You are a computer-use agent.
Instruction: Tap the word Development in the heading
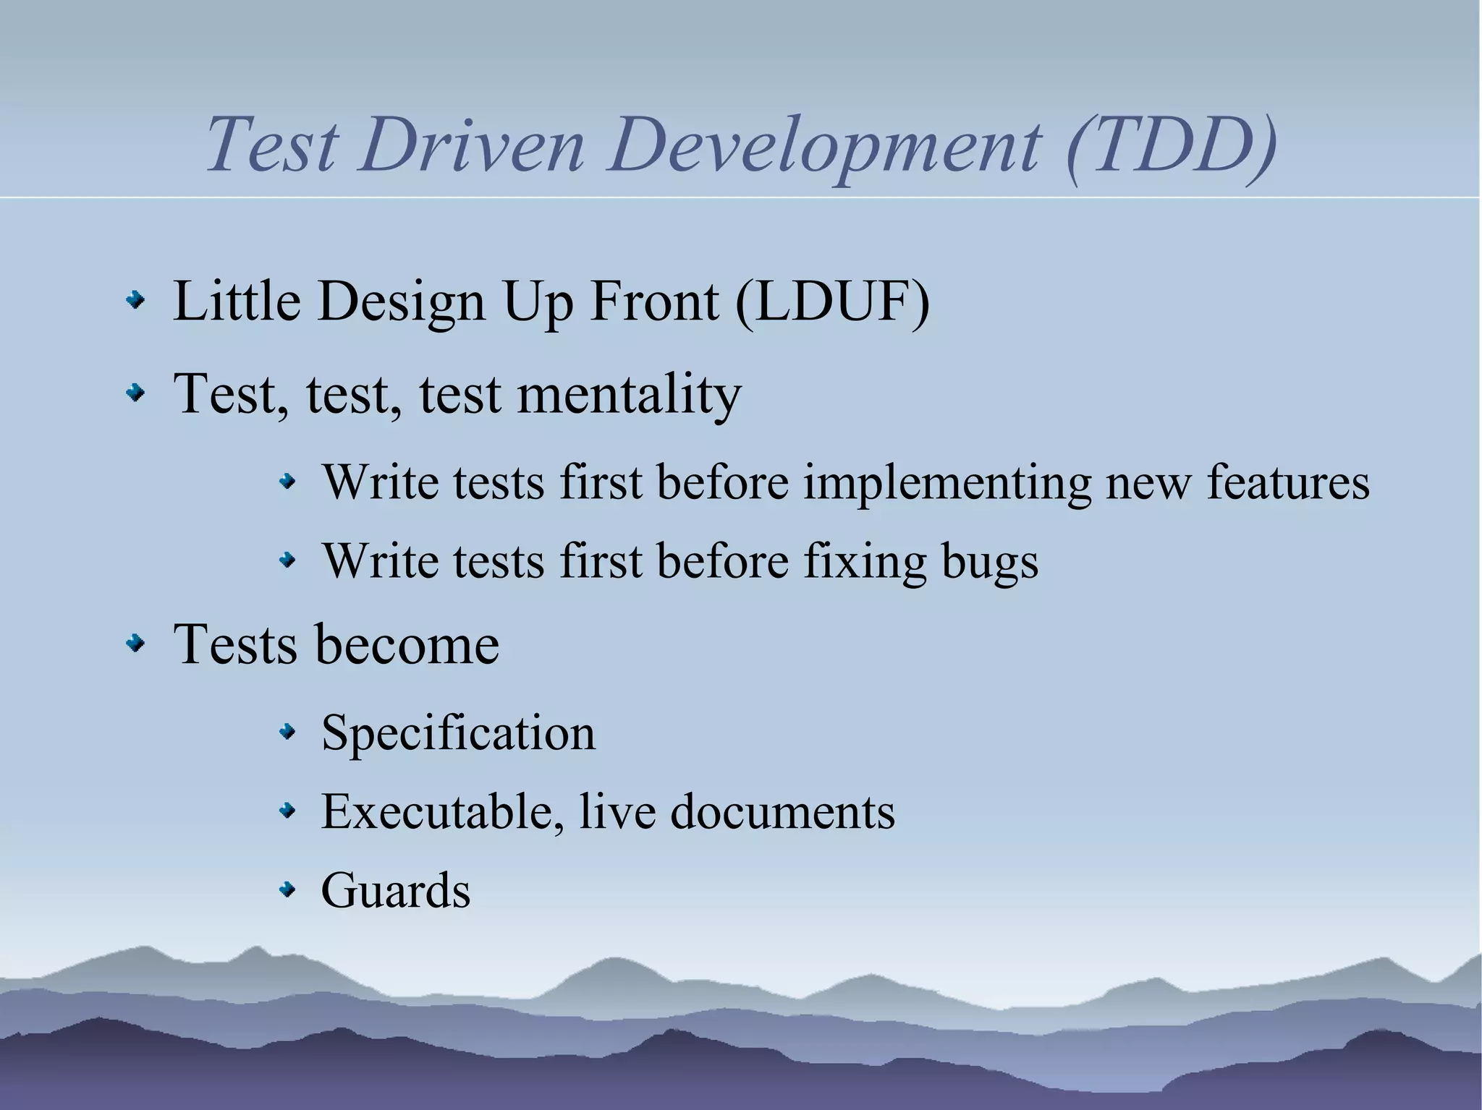825,148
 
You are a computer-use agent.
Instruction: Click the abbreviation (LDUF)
832,302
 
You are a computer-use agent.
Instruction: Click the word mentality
629,396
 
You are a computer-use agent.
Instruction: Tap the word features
1288,482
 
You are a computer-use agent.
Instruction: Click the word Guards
396,890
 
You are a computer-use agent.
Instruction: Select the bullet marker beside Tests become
135,642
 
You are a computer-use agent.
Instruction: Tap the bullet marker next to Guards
288,889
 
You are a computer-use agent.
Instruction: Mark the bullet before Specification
288,733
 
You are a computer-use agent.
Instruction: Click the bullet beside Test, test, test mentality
135,393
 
